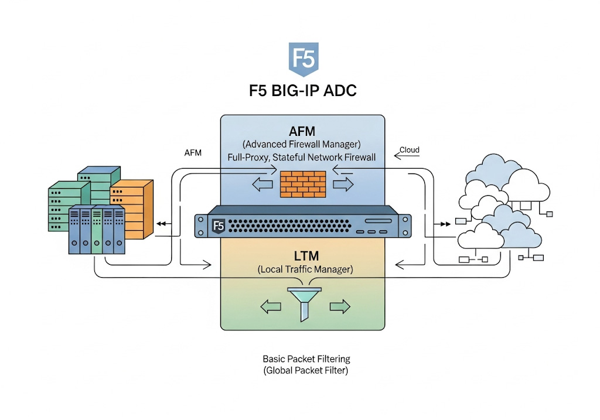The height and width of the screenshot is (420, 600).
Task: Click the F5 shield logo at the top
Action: (x=303, y=60)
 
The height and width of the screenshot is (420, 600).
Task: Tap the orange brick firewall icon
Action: (x=303, y=184)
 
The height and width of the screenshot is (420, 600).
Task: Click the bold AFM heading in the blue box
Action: (x=303, y=130)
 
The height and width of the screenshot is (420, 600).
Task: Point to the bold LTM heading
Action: (x=303, y=255)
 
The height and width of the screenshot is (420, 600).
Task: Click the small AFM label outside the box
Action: (x=193, y=153)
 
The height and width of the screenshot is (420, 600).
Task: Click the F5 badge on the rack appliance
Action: (x=219, y=226)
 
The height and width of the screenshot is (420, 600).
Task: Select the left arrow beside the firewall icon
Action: (x=262, y=185)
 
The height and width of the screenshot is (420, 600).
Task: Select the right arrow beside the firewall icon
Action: (x=343, y=185)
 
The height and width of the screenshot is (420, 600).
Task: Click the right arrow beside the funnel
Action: (x=340, y=306)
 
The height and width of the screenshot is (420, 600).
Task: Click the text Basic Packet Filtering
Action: (x=306, y=358)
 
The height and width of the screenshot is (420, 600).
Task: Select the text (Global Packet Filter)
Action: (x=306, y=370)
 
